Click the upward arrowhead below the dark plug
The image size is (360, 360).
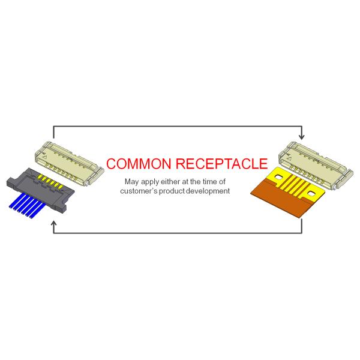pos(54,224)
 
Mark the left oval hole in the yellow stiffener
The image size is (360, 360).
pos(277,179)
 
